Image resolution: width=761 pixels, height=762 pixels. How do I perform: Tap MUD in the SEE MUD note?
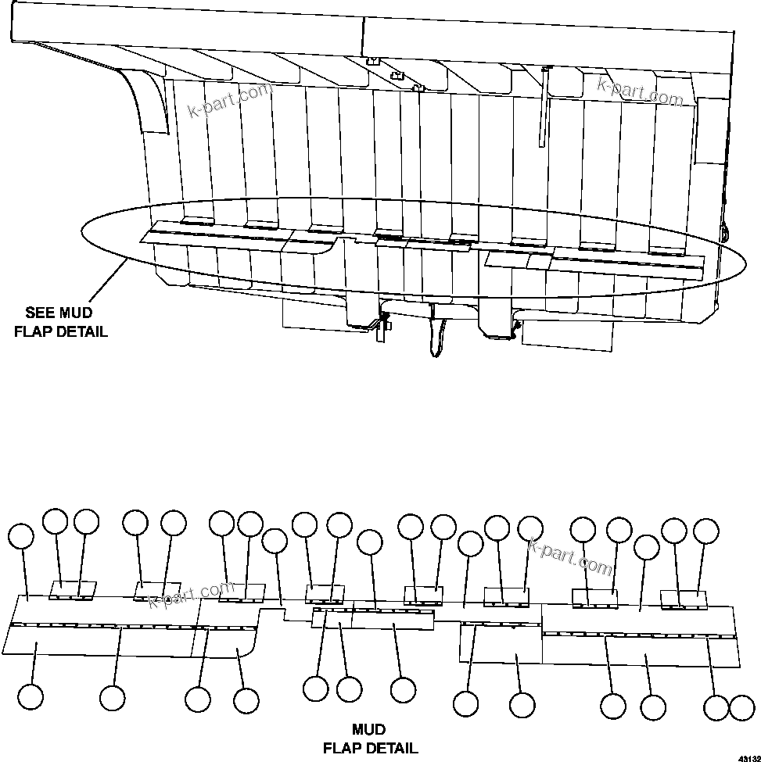click(x=76, y=313)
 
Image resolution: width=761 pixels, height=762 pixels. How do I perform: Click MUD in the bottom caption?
click(x=368, y=730)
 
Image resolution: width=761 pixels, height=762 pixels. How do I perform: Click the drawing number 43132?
click(x=746, y=757)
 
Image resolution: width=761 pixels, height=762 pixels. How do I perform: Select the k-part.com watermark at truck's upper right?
click(x=640, y=91)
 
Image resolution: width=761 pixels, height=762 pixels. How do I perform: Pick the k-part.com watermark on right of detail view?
click(x=570, y=556)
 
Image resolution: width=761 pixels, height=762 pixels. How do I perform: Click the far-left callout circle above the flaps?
click(x=21, y=536)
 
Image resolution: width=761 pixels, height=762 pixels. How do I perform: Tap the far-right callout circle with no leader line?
click(x=741, y=708)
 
